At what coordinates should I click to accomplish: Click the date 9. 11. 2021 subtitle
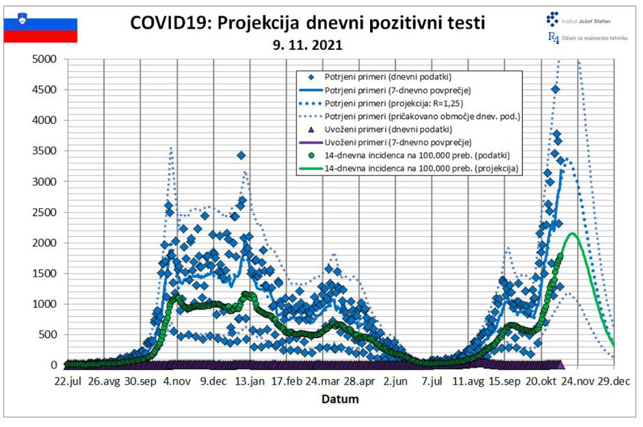(307, 47)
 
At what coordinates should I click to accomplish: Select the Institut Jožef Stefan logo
(579, 21)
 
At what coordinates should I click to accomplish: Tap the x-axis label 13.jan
(249, 380)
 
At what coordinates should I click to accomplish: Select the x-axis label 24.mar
(321, 380)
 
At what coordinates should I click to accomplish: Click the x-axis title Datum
(340, 398)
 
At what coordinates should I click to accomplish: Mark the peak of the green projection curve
(572, 233)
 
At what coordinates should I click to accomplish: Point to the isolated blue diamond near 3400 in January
(241, 156)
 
